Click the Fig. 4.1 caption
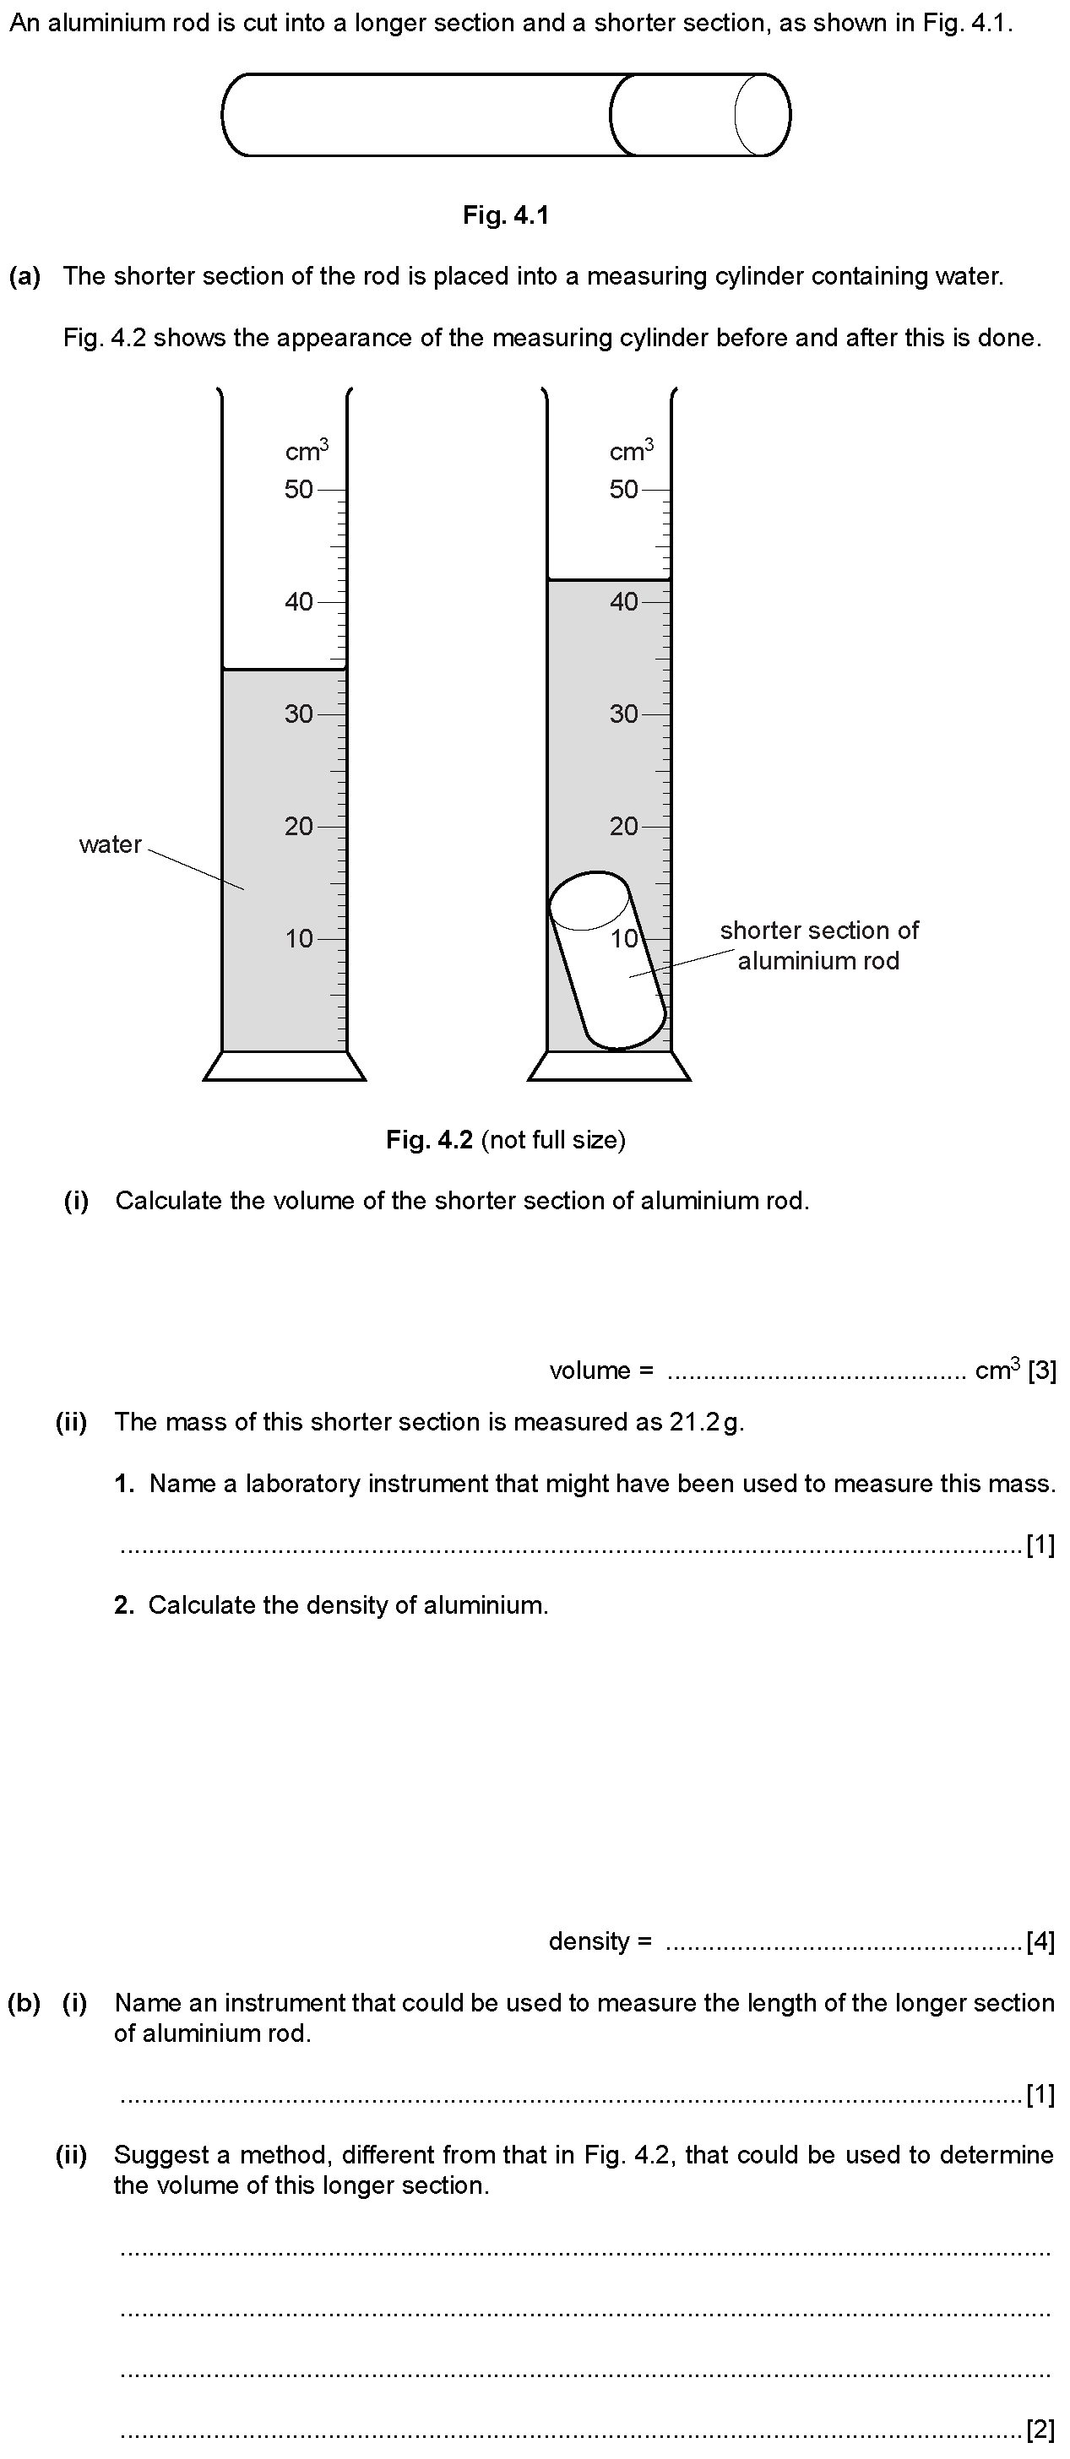505,215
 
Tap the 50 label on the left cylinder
299,490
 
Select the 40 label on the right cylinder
624,601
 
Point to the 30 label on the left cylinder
299,714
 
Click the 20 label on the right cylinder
624,826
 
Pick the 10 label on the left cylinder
299,938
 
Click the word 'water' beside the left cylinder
110,844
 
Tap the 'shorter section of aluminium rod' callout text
819,945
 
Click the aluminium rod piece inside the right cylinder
607,959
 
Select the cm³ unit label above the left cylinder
307,449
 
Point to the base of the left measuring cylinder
285,1067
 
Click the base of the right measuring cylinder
609,1067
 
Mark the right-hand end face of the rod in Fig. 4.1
763,115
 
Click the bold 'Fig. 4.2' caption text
430,1140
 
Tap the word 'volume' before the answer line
589,1371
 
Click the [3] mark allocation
1042,1371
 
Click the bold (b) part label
24,2003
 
